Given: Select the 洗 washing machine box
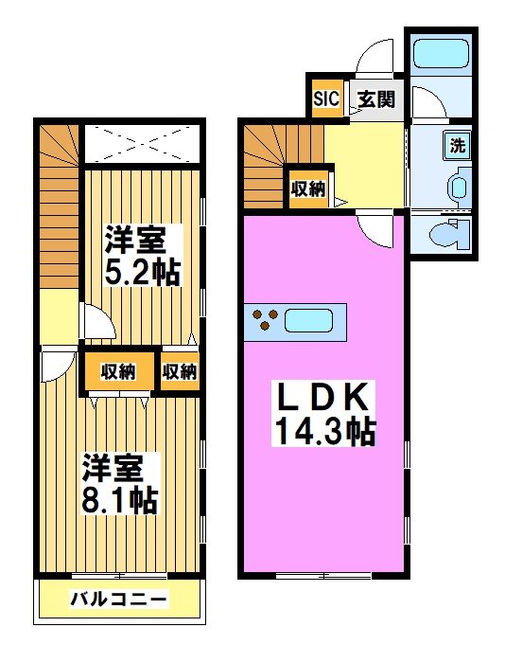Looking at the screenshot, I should click(458, 146).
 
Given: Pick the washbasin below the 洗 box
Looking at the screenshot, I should click(459, 185).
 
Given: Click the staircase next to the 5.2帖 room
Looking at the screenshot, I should click(59, 208).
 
